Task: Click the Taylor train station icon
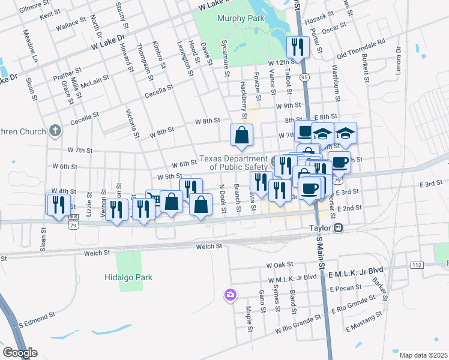(339, 228)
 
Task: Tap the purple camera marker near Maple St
(231, 295)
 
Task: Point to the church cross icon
(55, 131)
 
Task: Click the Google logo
(20, 353)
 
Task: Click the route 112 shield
(417, 265)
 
